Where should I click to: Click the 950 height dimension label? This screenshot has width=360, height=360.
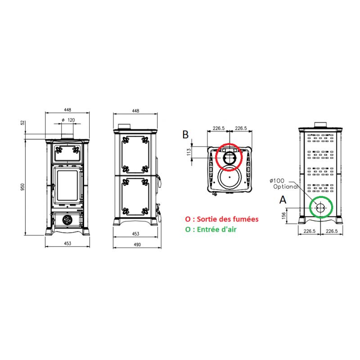[22, 186]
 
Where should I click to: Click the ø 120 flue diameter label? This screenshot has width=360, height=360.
[69, 120]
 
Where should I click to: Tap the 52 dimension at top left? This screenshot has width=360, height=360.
[22, 122]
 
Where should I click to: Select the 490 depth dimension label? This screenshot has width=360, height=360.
[137, 245]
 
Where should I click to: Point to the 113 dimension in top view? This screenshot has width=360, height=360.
[189, 152]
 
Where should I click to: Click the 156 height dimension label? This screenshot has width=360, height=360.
[284, 216]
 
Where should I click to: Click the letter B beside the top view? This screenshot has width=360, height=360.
[185, 135]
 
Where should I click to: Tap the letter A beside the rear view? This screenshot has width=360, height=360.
[283, 200]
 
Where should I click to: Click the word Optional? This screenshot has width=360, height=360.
[286, 187]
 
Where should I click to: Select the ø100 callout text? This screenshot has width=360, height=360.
[277, 181]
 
